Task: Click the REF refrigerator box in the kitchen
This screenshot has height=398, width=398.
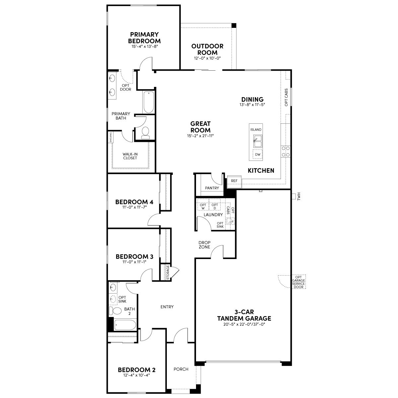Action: (x=234, y=182)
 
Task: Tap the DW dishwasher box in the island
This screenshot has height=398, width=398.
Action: (x=258, y=155)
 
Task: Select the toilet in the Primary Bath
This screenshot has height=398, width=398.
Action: (x=145, y=133)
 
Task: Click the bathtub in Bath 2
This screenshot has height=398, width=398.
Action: (x=125, y=325)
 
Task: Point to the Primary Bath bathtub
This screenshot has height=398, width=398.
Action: (x=148, y=102)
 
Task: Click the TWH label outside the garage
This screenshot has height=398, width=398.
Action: (x=299, y=196)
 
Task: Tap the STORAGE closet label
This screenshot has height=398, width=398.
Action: (x=168, y=273)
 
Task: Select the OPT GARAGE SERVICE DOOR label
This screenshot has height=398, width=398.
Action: (x=298, y=282)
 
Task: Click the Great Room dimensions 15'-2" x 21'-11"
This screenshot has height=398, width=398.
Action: (x=200, y=136)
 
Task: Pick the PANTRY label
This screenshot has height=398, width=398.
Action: (x=212, y=188)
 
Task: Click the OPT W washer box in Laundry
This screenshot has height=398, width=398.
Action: (x=203, y=206)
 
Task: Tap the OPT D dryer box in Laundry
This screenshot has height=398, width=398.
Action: (x=215, y=206)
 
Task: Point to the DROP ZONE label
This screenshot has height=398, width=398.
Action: (x=204, y=245)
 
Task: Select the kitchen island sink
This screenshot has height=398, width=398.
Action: (x=258, y=141)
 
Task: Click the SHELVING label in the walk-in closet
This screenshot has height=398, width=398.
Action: (x=111, y=137)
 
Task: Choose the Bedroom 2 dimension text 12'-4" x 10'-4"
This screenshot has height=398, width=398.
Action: (x=137, y=375)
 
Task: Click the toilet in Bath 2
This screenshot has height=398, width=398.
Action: (x=115, y=311)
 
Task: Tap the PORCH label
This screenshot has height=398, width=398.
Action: (x=181, y=369)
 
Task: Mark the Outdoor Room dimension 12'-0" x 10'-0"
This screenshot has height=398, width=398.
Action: (x=207, y=58)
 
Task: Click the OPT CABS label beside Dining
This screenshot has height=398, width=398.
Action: (x=286, y=97)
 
